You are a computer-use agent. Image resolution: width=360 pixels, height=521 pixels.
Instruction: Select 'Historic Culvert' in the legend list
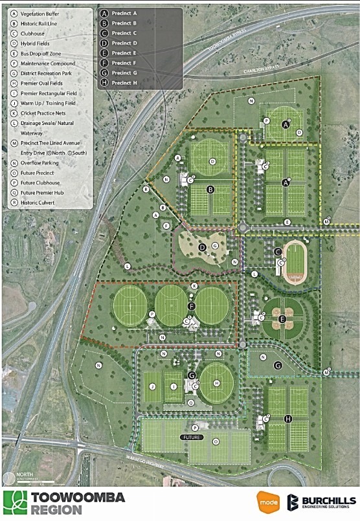coord(38,203)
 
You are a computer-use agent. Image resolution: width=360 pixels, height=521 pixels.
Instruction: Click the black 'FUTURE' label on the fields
coord(193,438)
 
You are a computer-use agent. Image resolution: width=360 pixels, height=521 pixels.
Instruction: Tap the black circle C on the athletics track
coord(277,252)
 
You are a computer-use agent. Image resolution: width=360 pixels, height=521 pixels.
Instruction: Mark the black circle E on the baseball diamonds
coord(282,318)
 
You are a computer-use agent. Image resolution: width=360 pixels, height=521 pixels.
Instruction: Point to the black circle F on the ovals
coord(191,305)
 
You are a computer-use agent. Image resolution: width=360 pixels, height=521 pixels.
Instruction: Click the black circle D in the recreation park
coord(201,247)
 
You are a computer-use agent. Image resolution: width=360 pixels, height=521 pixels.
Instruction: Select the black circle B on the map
coord(210,190)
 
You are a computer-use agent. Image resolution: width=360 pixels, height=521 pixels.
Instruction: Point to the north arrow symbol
coord(7,479)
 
